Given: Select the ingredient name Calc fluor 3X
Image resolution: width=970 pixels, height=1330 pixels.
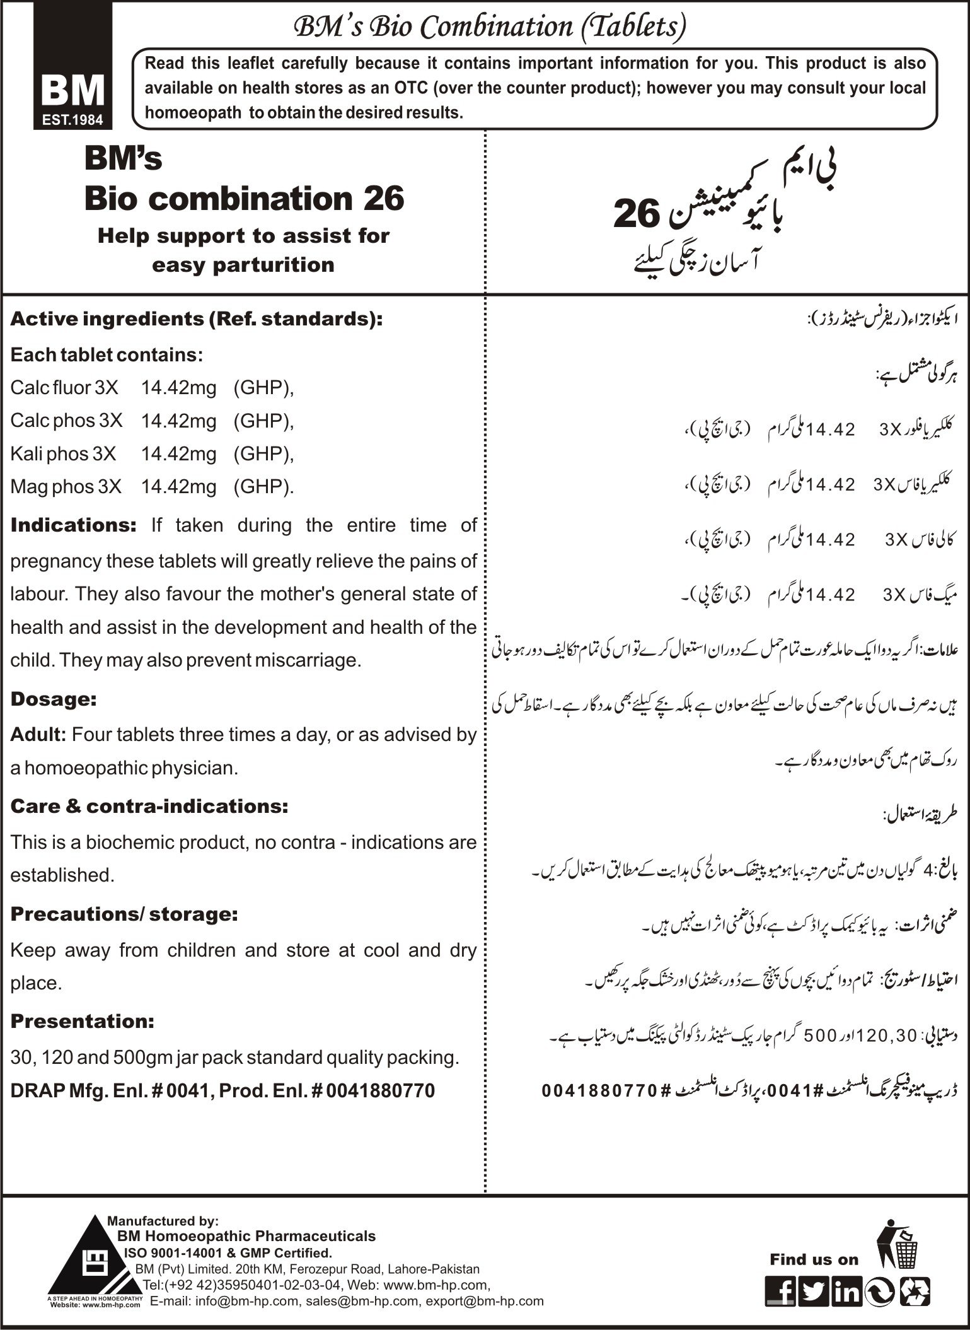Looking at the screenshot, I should tap(64, 387).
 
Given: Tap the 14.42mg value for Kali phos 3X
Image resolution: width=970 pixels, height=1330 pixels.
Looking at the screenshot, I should tap(178, 453).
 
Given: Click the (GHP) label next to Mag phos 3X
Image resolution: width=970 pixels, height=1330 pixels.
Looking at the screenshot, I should tap(263, 487).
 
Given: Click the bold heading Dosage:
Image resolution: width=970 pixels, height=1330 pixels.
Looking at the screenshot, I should tap(54, 699).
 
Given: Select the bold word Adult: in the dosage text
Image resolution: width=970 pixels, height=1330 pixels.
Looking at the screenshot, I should tap(38, 735).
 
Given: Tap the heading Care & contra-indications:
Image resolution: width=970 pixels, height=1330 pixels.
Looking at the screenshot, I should tap(149, 806).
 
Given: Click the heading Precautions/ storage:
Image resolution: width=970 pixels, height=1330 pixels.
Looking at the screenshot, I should tap(124, 914).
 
